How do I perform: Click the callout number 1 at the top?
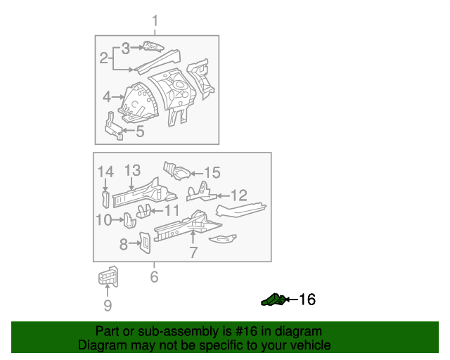155,21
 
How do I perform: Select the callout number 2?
103,58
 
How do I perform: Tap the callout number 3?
125,48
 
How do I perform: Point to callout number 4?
106,96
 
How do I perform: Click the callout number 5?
140,131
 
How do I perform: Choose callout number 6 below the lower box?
154,277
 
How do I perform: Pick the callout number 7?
193,252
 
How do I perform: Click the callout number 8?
123,244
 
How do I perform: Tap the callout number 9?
107,305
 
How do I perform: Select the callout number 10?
104,221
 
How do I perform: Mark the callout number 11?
172,210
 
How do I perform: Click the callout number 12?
239,195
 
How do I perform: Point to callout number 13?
132,170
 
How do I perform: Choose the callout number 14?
105,171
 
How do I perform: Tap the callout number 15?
212,172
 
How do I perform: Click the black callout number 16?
307,300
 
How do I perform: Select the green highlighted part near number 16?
273,300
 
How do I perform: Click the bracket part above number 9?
108,278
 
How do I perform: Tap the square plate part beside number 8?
144,242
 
